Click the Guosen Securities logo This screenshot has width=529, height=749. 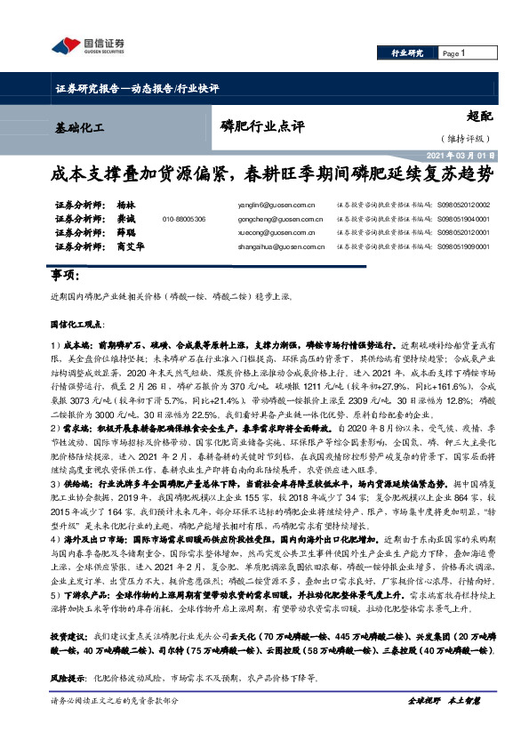88,46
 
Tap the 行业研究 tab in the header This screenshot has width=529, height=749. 407,54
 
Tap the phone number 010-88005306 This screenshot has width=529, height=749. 184,219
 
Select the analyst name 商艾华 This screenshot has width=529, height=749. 130,246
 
